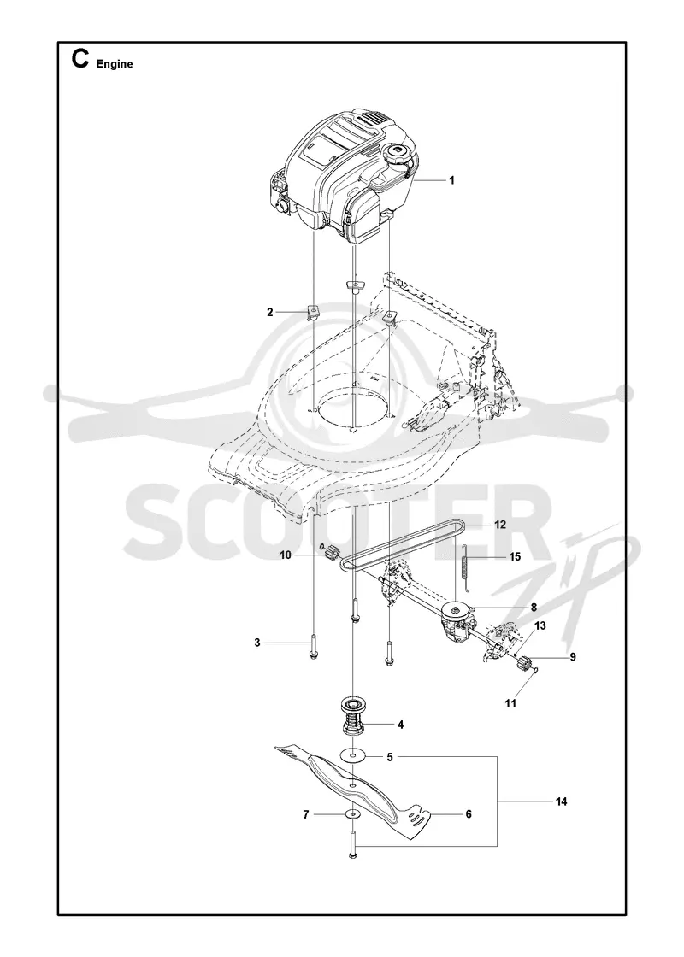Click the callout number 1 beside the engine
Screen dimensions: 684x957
451,180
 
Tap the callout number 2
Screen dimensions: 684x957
269,312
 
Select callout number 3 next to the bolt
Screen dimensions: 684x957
257,643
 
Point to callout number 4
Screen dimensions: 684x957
400,725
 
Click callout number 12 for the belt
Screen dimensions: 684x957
500,525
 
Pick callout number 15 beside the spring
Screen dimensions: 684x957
515,556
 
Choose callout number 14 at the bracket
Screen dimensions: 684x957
561,801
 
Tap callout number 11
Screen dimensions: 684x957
510,703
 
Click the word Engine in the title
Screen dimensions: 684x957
115,64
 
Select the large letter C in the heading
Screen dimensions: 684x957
80,59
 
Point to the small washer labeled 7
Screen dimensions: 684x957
351,814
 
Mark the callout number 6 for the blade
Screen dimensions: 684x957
469,814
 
